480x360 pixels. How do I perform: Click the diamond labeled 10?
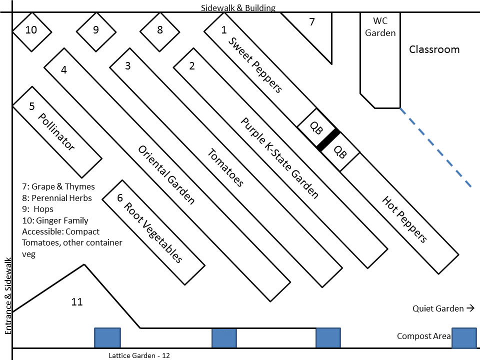click(31, 30)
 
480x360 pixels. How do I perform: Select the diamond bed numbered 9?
click(95, 30)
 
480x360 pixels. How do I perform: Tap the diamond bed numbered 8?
click(159, 30)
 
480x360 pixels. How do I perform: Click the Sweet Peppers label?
click(255, 65)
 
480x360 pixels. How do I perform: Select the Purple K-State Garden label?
click(279, 158)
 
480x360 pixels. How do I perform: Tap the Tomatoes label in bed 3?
click(225, 168)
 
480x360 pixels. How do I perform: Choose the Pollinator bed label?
click(56, 132)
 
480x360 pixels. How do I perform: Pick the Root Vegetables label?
click(152, 232)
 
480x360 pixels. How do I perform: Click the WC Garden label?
click(380, 27)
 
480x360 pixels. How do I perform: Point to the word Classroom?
click(434, 49)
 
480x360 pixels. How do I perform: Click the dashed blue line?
click(435, 147)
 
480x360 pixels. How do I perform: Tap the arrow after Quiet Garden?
click(470, 308)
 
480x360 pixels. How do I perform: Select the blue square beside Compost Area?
click(463, 337)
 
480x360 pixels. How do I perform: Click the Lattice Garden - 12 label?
click(139, 355)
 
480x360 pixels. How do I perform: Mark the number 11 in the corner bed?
click(76, 302)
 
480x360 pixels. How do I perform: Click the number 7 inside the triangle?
click(312, 22)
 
